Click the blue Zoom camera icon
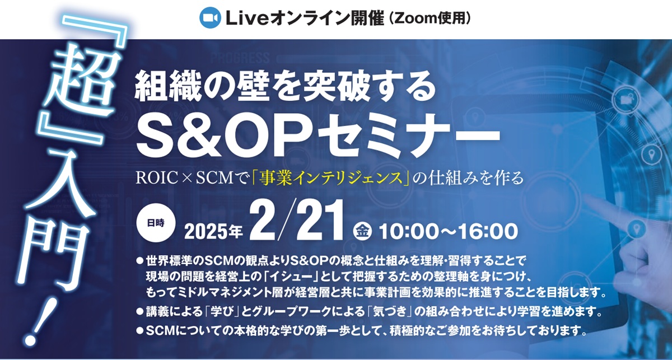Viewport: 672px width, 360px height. [211, 18]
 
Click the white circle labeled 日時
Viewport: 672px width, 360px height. [156, 223]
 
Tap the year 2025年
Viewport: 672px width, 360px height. [213, 232]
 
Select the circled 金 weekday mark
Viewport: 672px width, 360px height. [362, 232]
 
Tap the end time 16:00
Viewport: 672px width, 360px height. [488, 232]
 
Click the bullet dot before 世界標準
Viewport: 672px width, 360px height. [139, 261]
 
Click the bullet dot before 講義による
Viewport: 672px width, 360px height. [139, 312]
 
